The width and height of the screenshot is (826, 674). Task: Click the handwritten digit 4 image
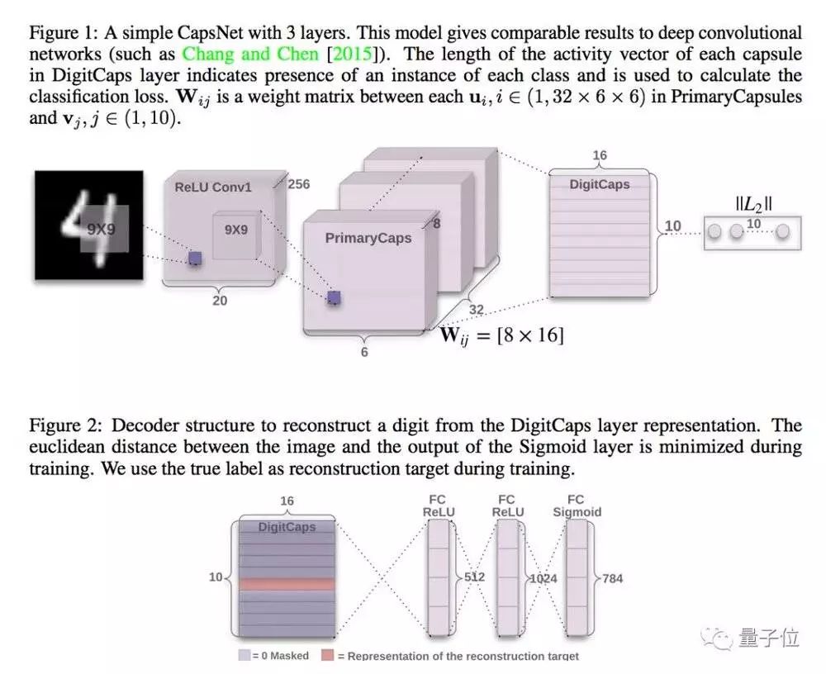coord(88,225)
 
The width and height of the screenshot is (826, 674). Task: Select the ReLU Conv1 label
coord(212,187)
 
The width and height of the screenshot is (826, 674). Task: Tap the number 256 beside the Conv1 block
coord(298,183)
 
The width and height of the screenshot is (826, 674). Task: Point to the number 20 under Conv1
coord(220,301)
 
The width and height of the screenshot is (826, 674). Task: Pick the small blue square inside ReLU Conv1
coord(194,259)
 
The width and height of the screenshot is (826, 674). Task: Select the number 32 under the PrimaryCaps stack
coord(477,311)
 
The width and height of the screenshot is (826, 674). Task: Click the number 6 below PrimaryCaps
coord(364,352)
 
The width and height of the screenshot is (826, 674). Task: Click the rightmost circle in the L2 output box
coord(782,234)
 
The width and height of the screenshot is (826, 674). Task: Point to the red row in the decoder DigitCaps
coord(287,583)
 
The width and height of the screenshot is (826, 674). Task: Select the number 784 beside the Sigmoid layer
coord(612,578)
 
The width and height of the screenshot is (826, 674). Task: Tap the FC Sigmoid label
coord(576,505)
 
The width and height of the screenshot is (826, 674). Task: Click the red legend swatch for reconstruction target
coord(328,655)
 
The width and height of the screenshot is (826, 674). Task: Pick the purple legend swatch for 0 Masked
coord(244,655)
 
